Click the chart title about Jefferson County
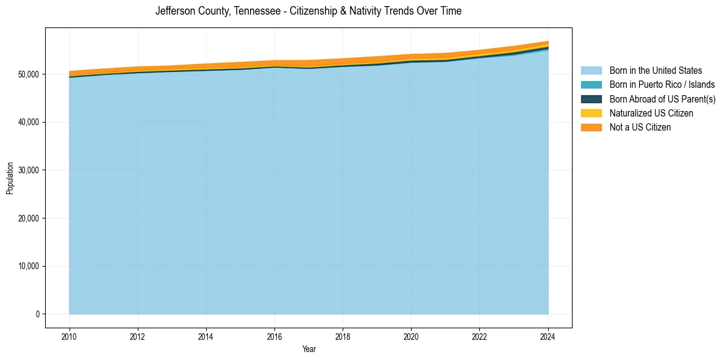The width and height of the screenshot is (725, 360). point(309,11)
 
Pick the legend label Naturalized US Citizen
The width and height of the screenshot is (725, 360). point(651,113)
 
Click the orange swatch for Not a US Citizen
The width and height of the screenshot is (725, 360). point(591,128)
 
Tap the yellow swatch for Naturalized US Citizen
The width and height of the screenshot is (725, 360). point(591,113)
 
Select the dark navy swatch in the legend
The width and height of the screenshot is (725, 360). point(591,99)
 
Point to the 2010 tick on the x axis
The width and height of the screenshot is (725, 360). point(70,336)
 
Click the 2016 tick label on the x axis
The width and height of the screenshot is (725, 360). point(274,336)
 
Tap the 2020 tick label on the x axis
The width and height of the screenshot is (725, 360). point(412,336)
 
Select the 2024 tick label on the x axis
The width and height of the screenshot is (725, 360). point(548,336)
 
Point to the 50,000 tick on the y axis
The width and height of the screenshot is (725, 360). point(29,74)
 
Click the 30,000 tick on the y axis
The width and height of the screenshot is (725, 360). point(29,170)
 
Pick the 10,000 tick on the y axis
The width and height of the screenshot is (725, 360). point(29,266)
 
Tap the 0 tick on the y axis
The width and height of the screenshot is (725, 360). point(37,314)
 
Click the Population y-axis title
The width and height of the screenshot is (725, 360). point(10,178)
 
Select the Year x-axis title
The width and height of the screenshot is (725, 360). point(309,350)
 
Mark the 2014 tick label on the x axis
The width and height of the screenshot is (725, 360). point(206,336)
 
